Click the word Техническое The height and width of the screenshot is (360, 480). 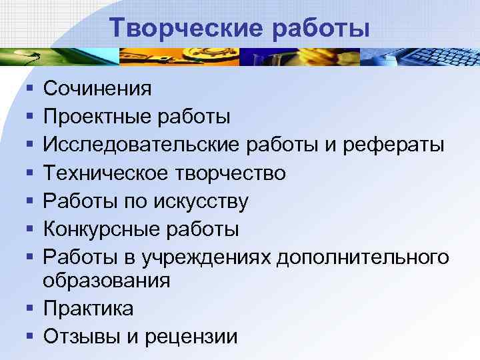tap(107, 174)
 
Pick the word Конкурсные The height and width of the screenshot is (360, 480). tap(101, 231)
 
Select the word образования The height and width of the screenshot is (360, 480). tap(107, 281)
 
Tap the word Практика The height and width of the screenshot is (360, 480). tap(88, 309)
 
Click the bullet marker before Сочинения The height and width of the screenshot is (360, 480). tap(25, 88)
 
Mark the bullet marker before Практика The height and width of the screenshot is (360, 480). tap(25, 309)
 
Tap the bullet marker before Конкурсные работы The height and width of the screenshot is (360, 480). tap(25, 231)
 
